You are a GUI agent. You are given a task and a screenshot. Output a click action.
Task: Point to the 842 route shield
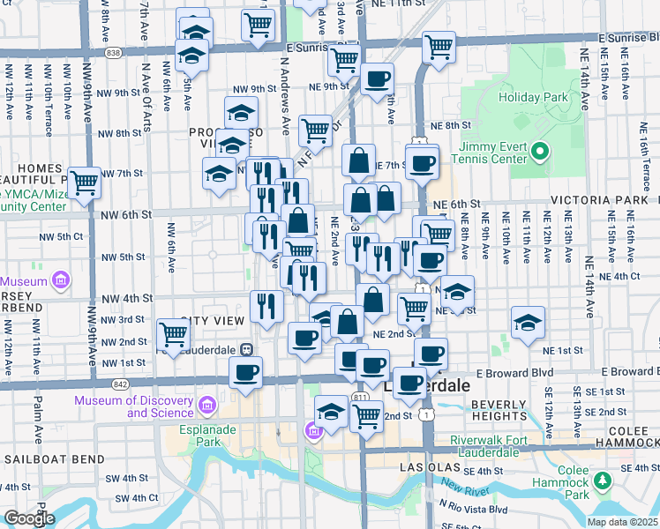(x=121, y=384)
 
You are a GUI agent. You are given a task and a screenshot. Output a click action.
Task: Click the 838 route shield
(x=112, y=53)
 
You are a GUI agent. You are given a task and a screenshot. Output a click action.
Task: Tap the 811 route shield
(x=360, y=398)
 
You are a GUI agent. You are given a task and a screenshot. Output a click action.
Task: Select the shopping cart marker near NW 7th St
(x=84, y=183)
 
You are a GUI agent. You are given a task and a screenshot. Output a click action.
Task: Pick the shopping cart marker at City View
(x=173, y=334)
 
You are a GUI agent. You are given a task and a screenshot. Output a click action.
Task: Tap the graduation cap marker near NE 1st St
(x=528, y=323)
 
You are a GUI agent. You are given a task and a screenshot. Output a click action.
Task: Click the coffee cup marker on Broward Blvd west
(x=246, y=371)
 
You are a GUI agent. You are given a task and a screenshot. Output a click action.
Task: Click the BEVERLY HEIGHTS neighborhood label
(x=499, y=409)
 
